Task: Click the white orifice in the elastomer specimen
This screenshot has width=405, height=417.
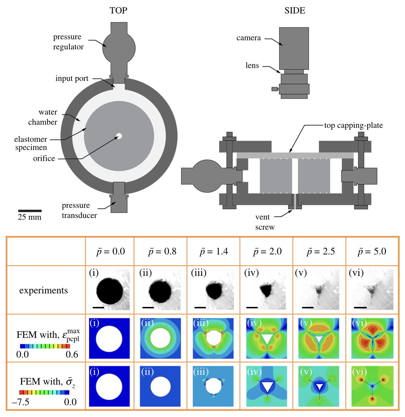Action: pyautogui.click(x=119, y=136)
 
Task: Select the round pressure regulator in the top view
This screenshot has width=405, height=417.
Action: pyautogui.click(x=119, y=48)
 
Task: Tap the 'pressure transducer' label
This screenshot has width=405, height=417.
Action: pyautogui.click(x=79, y=210)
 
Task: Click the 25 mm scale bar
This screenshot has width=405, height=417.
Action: pyautogui.click(x=30, y=211)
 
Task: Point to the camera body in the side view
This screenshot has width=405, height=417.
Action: pyautogui.click(x=294, y=48)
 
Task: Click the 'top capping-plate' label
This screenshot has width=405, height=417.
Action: pyautogui.click(x=353, y=125)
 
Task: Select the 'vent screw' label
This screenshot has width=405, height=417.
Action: pyautogui.click(x=265, y=222)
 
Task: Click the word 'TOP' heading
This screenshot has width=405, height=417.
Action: pyautogui.click(x=118, y=11)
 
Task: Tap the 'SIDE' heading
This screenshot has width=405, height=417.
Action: pyautogui.click(x=295, y=11)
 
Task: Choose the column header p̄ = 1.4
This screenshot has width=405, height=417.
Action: pyautogui.click(x=214, y=252)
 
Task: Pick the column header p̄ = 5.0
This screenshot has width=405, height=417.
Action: pyautogui.click(x=372, y=252)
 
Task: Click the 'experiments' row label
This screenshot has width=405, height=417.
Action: pyautogui.click(x=43, y=291)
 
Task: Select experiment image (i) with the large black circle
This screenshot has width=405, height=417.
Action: pyautogui.click(x=109, y=290)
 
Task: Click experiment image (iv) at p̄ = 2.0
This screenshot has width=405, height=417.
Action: pyautogui.click(x=266, y=290)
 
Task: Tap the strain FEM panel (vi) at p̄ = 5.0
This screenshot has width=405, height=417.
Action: pyautogui.click(x=372, y=338)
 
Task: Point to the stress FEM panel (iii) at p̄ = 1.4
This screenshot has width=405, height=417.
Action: pyautogui.click(x=214, y=386)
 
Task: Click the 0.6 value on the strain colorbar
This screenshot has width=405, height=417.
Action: pyautogui.click(x=72, y=354)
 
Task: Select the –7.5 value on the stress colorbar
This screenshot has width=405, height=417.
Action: pyautogui.click(x=21, y=402)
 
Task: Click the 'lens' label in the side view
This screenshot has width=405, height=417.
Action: pyautogui.click(x=252, y=65)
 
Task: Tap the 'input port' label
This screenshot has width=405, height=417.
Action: pyautogui.click(x=72, y=78)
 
